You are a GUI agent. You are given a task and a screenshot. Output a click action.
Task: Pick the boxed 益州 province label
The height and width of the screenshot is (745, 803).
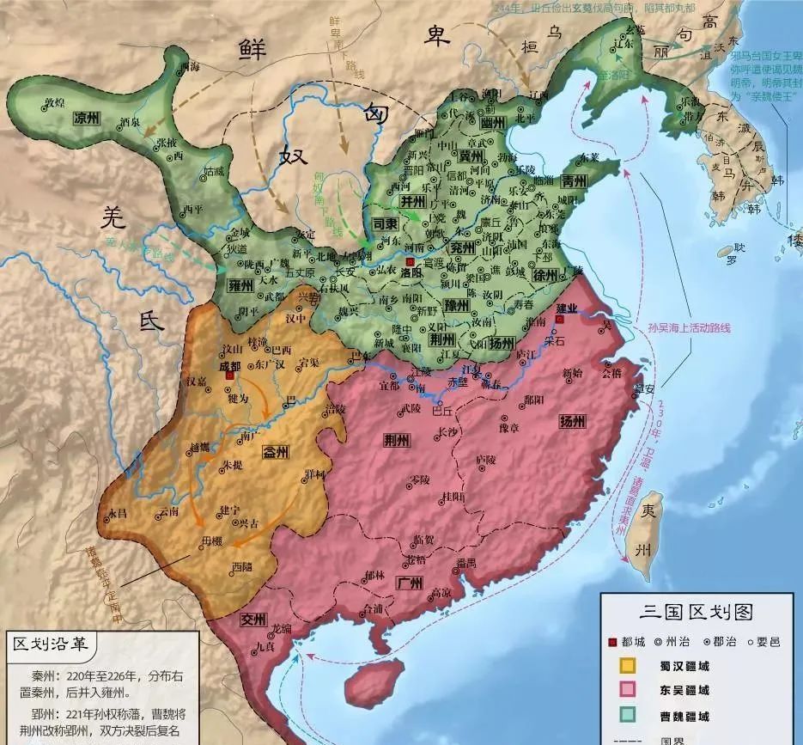point(277,453)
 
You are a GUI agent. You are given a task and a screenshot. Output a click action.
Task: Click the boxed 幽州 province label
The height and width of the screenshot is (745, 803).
point(491,124)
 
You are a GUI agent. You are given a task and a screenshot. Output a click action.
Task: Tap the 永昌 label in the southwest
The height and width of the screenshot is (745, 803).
point(117,513)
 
